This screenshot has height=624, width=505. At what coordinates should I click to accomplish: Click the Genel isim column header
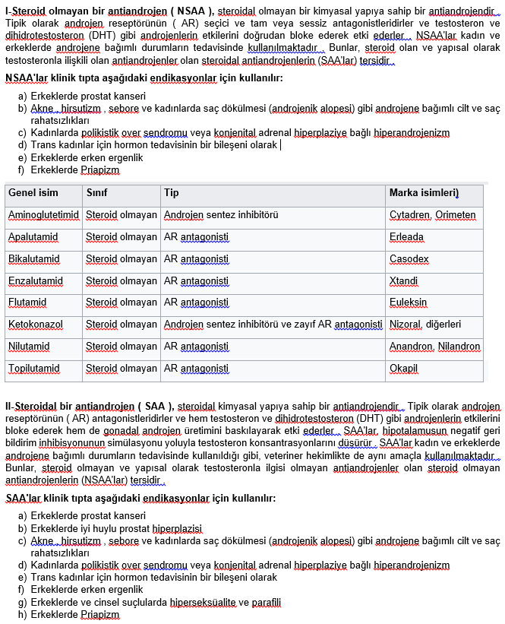click(x=33, y=193)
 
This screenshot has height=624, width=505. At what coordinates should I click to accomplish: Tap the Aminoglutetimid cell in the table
click(x=43, y=216)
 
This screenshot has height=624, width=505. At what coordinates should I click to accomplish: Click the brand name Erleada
click(x=406, y=237)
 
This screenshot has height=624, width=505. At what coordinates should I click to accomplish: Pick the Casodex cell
click(x=409, y=259)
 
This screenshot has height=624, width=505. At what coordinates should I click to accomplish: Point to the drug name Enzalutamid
click(x=36, y=281)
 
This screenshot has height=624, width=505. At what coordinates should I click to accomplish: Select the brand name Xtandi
click(x=403, y=281)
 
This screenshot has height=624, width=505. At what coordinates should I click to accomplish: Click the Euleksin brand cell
click(x=409, y=303)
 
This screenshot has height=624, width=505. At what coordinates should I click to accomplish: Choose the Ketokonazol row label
click(x=36, y=325)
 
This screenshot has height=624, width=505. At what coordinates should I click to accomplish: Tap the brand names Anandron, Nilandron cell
click(x=434, y=347)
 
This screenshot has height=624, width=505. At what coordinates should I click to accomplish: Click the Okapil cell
click(x=403, y=369)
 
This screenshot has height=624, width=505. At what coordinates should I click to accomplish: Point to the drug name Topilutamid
click(x=34, y=369)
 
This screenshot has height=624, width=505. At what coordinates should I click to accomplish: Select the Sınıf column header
click(x=96, y=193)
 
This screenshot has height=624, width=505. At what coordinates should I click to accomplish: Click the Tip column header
click(x=172, y=193)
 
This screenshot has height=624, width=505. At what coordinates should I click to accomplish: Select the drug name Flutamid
click(x=27, y=303)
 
